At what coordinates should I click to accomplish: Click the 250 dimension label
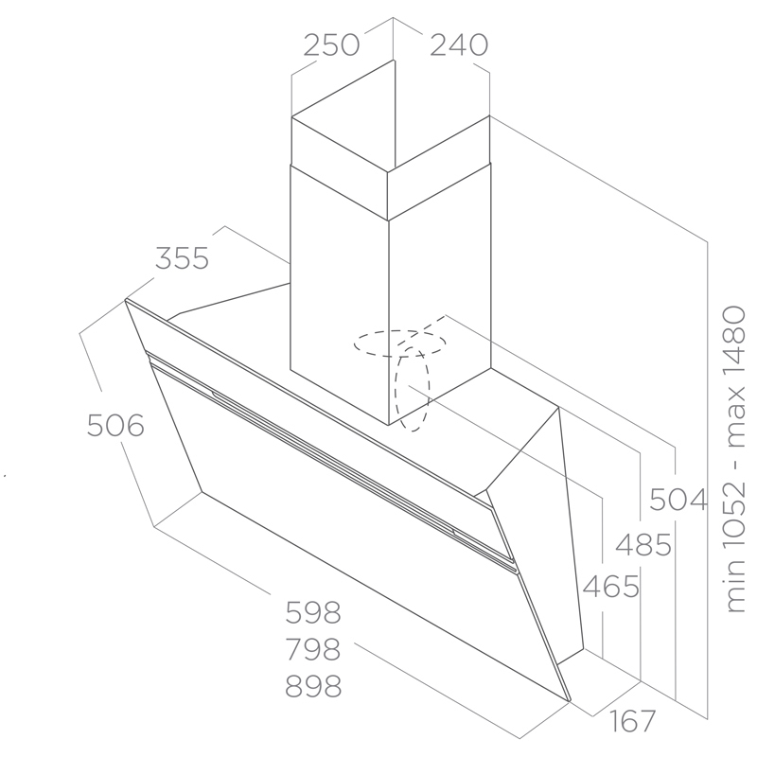coord(331,44)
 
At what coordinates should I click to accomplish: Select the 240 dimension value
coord(459,44)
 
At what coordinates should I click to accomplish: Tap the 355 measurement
coord(182,258)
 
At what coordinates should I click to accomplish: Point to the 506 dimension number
coord(115,426)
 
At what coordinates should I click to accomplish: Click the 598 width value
coord(313,612)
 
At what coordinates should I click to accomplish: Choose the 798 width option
coord(313,649)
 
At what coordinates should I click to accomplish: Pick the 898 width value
coord(313,686)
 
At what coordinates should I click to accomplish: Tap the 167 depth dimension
coord(632,721)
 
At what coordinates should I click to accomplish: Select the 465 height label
coord(611,587)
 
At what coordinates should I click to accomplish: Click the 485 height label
coord(643,545)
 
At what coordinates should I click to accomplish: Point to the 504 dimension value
coord(678,500)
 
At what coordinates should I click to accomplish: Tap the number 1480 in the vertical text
coord(735,337)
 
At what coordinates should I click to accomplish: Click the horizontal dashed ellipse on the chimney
coord(399,343)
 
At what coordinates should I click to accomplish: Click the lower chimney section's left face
coord(340,295)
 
